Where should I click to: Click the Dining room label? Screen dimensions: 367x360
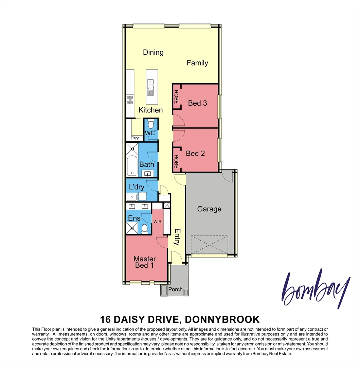(153, 52)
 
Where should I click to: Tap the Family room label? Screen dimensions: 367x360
(197, 63)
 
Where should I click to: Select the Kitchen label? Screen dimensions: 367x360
(150, 110)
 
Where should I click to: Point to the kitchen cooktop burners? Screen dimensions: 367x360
(130, 100)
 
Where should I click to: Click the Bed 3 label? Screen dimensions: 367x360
(198, 103)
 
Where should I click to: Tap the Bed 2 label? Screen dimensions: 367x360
(195, 154)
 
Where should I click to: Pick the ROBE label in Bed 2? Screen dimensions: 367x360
(176, 162)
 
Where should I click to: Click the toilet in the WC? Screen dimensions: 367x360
(151, 123)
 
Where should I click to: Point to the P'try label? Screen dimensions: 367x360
(135, 138)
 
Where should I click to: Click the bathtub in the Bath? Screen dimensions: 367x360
(132, 165)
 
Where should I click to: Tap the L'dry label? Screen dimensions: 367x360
(137, 187)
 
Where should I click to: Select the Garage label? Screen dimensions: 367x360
(209, 209)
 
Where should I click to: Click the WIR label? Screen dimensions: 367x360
(157, 221)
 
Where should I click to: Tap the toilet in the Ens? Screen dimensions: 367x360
(144, 228)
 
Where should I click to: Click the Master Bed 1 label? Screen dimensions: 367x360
(144, 262)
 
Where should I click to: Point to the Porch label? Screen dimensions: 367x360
(176, 290)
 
